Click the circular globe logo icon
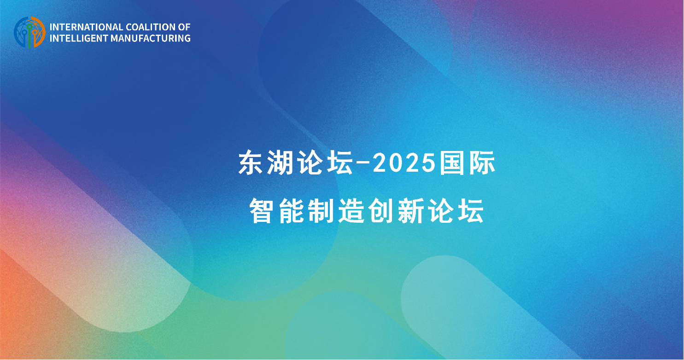point(29,32)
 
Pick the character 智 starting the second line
point(261,211)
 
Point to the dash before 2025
point(363,165)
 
